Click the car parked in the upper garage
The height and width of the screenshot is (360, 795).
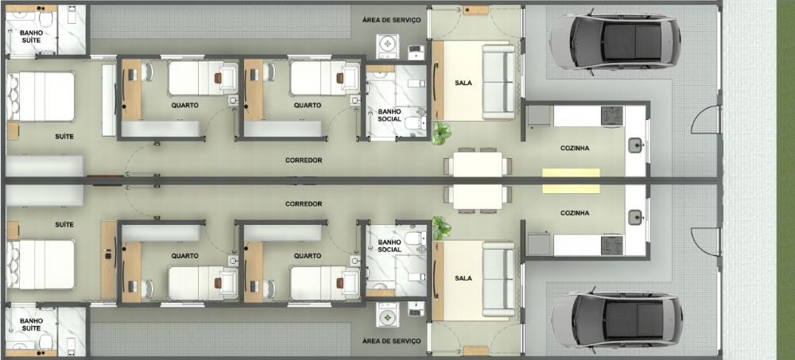click(615, 41)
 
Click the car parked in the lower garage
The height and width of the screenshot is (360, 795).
click(617, 319)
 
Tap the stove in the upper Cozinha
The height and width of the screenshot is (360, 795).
click(612, 115)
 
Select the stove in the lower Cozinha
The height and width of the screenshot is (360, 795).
click(612, 246)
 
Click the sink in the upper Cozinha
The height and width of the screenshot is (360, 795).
click(635, 146)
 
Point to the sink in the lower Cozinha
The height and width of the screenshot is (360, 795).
click(635, 217)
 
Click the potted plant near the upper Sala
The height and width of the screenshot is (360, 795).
click(441, 133)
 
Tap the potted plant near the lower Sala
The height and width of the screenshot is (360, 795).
click(441, 228)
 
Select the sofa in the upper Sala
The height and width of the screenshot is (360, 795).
click(498, 82)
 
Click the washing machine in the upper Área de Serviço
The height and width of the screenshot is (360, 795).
click(387, 45)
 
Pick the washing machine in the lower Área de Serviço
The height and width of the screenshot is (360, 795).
click(387, 315)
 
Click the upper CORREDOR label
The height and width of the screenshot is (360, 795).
click(304, 161)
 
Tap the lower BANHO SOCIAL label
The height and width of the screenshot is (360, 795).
click(390, 246)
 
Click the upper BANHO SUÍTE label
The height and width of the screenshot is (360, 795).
click(32, 36)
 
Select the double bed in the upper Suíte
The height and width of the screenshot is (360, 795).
click(41, 96)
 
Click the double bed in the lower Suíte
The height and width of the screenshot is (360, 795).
click(41, 264)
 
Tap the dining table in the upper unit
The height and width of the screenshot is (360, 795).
click(478, 165)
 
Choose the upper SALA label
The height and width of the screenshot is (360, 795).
click(463, 83)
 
